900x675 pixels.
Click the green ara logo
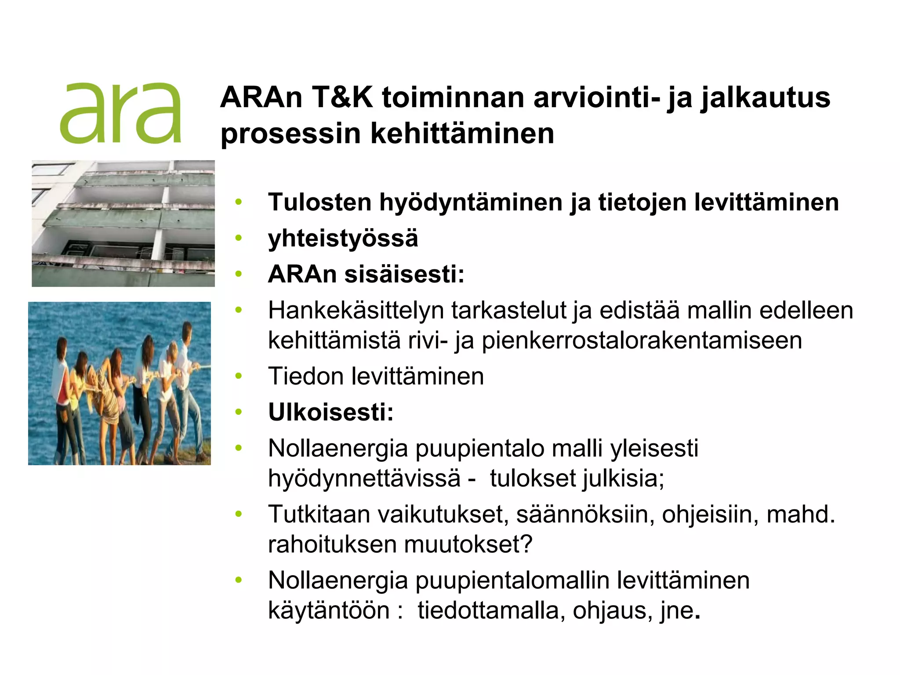tap(120, 113)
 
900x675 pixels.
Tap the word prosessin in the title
tap(290, 134)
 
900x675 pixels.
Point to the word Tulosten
tap(320, 203)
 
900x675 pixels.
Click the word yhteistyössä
tap(343, 239)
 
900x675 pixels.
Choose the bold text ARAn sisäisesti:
tap(366, 274)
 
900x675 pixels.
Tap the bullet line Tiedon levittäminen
tap(376, 377)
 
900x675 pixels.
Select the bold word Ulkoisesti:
tap(330, 412)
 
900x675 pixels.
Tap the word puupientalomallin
tap(512, 581)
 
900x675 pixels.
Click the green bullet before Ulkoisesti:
tap(239, 412)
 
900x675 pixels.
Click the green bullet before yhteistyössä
tap(239, 238)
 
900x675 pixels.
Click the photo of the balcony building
tap(123, 224)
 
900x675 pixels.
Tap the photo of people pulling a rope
tap(120, 383)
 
